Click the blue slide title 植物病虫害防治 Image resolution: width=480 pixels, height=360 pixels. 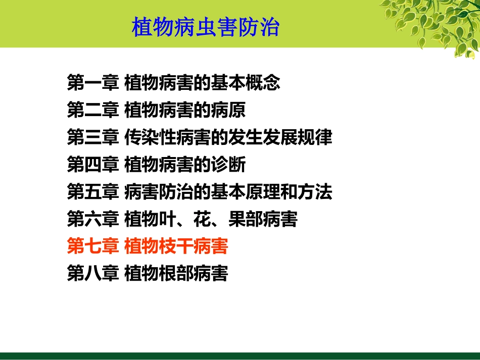click(206, 27)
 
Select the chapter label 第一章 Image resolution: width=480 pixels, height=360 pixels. click(93, 83)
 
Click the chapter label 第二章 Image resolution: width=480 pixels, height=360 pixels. click(93, 110)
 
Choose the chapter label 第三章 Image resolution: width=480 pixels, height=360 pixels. click(93, 137)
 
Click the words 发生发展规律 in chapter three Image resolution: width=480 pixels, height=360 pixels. click(280, 137)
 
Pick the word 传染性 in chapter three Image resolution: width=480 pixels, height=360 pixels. click(150, 137)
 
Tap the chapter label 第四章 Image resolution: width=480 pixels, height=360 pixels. click(93, 164)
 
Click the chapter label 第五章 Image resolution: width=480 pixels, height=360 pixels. click(93, 191)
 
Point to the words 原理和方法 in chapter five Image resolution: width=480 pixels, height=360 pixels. click(289, 191)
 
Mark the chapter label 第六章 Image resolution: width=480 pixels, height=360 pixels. click(93, 219)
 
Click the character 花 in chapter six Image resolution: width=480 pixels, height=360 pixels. click(202, 219)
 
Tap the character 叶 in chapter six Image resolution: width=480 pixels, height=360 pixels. click(167, 219)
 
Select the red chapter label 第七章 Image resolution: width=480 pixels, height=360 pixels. click(93, 246)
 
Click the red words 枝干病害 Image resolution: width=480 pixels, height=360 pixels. click(194, 246)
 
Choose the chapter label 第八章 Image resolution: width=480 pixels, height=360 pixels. click(93, 273)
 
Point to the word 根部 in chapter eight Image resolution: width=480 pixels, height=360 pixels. click(176, 273)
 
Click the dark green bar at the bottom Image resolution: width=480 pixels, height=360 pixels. click(240, 356)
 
